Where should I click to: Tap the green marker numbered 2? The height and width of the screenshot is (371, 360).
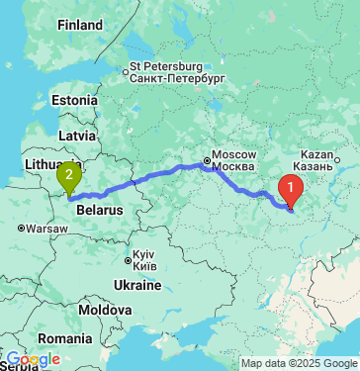tap(69, 177)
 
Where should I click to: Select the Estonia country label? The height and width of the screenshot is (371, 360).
tap(75, 100)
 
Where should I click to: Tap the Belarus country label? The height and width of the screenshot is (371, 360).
tap(99, 211)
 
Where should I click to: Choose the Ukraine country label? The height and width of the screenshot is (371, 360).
tap(137, 285)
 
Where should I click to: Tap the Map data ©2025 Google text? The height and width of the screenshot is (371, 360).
tap(298, 363)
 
